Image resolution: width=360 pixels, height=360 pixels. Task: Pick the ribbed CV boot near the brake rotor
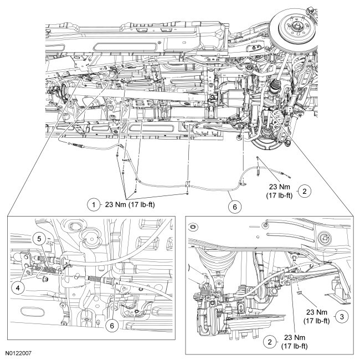[x=272, y=89]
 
